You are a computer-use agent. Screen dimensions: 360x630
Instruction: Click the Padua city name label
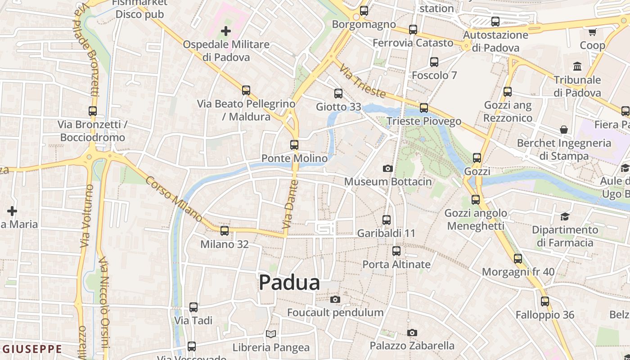coord(289,283)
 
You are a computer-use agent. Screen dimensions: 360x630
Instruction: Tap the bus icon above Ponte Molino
coord(294,145)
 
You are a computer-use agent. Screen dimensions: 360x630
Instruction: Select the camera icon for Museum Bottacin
coord(387,169)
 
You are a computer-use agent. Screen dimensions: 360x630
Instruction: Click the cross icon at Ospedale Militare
coord(226,31)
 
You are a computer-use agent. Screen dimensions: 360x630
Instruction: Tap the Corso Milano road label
coord(174,198)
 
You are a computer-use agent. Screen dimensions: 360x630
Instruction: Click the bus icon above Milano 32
coord(225,231)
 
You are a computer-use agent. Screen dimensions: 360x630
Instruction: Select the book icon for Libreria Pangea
coord(270,334)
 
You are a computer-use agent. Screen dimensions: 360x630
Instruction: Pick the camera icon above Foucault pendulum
coord(335,300)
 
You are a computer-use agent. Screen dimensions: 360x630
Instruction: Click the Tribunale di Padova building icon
coord(577,67)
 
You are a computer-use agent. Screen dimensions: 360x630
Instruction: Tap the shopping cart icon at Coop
coord(592,32)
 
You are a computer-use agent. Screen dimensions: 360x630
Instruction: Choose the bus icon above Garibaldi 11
coord(387,220)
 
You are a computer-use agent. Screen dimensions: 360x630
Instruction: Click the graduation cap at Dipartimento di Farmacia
coord(565,217)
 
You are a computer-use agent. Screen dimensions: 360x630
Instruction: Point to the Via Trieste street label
coord(363,81)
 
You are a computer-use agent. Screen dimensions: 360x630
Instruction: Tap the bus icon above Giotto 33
coord(338,94)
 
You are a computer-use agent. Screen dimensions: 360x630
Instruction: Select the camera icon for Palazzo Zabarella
coord(412,333)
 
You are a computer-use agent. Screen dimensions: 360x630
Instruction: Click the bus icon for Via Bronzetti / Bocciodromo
coord(93,111)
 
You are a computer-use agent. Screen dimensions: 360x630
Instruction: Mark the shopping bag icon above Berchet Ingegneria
coord(564,130)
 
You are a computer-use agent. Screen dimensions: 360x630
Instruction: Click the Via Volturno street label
coord(85,216)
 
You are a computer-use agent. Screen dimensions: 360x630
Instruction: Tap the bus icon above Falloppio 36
coord(545,301)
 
